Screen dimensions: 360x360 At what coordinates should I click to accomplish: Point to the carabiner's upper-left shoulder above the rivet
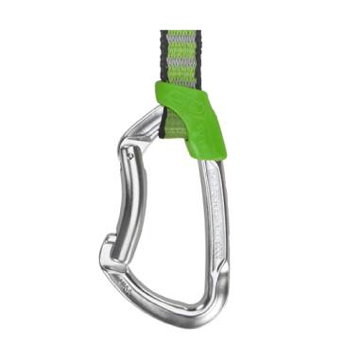pos(142,118)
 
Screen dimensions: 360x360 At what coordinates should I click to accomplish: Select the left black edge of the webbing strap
pos(163,57)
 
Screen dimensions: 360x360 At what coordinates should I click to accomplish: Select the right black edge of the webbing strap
pos(199,57)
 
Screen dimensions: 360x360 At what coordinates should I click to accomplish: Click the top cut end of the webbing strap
pos(180,32)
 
